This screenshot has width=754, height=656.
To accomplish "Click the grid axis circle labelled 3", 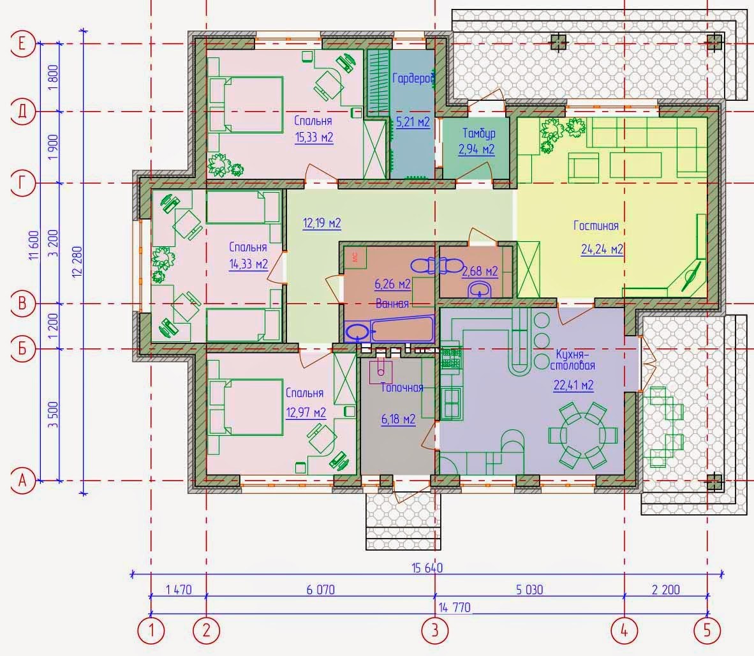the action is click(435, 630).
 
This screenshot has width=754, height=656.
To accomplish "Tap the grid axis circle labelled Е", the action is click(22, 44).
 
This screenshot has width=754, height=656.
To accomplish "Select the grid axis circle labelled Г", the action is click(22, 183).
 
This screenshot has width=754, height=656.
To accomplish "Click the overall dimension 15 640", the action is click(427, 567).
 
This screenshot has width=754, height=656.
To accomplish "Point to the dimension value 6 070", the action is click(321, 590).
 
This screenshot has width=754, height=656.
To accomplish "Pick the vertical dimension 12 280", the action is click(78, 262).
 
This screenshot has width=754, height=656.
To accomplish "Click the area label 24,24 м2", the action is click(602, 249).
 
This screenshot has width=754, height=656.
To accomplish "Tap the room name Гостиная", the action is click(596, 225).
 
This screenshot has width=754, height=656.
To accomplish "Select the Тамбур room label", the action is click(478, 133).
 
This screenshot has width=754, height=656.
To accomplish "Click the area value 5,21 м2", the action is click(413, 122).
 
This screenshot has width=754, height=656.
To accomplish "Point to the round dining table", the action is click(582, 436).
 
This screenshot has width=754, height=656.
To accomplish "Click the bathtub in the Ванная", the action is click(390, 329).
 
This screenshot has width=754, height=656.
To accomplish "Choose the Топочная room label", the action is click(402, 387).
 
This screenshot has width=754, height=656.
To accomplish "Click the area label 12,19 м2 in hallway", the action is click(322, 223).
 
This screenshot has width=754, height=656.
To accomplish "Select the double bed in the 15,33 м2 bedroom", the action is click(246, 105).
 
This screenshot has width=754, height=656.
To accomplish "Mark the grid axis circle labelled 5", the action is click(707, 630).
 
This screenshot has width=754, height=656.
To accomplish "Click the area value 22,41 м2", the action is click(573, 385).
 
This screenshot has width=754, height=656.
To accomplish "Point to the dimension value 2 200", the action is click(665, 590).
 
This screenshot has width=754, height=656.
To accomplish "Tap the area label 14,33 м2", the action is click(248, 264).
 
